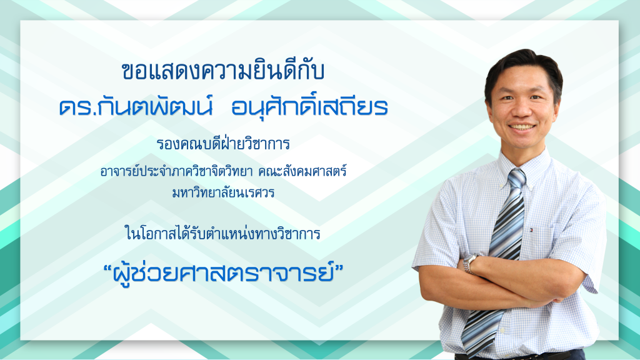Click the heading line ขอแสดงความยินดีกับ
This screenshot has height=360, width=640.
pos(223,71)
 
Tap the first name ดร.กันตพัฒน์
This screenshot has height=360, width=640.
pos(136,107)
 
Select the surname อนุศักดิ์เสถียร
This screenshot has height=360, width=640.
pos(309,107)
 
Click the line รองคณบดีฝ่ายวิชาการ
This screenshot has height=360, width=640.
pos(223,144)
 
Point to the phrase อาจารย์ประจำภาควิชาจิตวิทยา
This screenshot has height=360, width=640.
pos(176,171)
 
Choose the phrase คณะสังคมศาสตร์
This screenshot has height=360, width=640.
pos(303,171)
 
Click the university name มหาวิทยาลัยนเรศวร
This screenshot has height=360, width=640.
pos(223,192)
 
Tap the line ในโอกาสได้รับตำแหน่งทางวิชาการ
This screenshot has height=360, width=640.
pos(223,234)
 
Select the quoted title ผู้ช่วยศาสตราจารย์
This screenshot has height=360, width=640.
pos(223,272)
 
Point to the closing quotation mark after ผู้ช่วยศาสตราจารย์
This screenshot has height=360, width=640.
pos(338,269)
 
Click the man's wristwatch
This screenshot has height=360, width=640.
pos(469,263)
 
